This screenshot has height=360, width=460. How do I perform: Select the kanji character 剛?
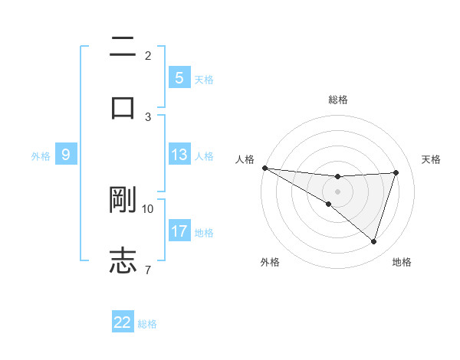click(x=123, y=199)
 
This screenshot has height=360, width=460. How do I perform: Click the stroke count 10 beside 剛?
click(x=148, y=208)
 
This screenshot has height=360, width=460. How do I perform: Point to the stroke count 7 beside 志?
click(x=148, y=269)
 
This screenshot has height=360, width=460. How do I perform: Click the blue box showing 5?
click(x=179, y=78)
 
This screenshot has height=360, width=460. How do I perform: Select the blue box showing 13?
click(x=179, y=155)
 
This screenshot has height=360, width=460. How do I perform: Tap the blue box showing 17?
click(x=179, y=231)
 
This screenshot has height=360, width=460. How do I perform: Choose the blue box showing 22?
click(x=123, y=322)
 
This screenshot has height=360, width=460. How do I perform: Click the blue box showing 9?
click(x=66, y=155)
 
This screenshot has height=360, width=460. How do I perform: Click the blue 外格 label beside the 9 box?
click(x=41, y=155)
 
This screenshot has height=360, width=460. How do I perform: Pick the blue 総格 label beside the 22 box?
click(x=147, y=324)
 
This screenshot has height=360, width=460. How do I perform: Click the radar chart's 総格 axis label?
click(x=338, y=100)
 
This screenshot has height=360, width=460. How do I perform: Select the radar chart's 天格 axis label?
click(x=432, y=159)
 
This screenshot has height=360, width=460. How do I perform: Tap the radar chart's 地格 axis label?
click(x=402, y=262)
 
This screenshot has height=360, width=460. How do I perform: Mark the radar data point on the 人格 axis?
click(x=264, y=167)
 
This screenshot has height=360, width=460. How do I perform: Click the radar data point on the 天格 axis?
click(x=396, y=172)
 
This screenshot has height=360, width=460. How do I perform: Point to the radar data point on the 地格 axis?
click(x=374, y=242)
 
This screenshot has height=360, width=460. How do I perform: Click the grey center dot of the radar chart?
click(x=337, y=191)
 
